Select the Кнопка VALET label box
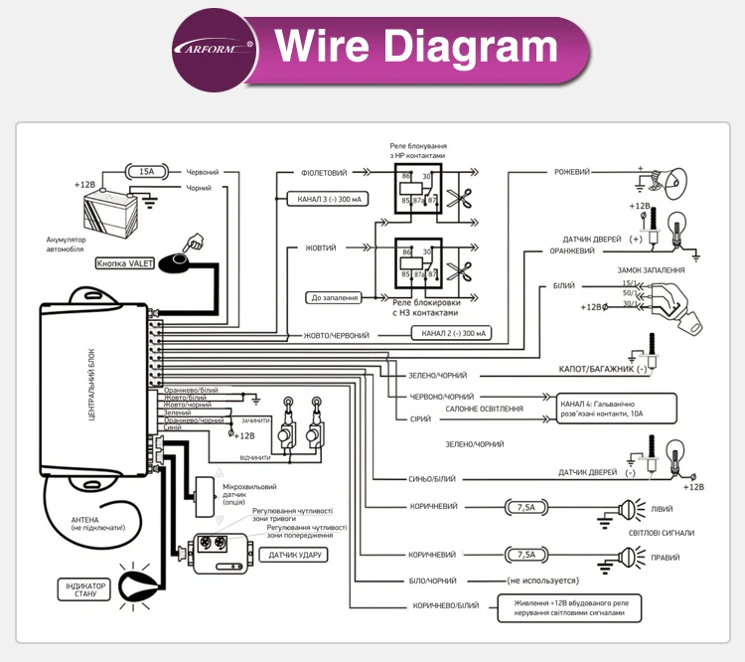pyautogui.click(x=125, y=264)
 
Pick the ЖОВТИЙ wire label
pyautogui.click(x=319, y=248)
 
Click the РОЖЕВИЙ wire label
pyautogui.click(x=572, y=172)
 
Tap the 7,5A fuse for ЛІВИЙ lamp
pyautogui.click(x=526, y=507)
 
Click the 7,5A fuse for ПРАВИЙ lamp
pyautogui.click(x=526, y=555)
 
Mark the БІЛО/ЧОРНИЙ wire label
pyautogui.click(x=433, y=579)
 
